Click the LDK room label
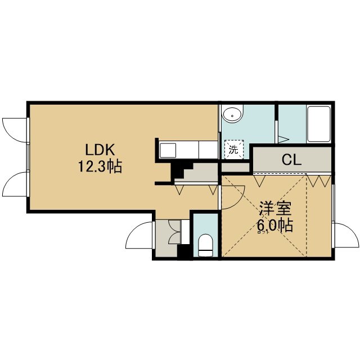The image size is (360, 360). tap(100, 150)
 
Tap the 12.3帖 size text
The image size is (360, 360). tap(100, 166)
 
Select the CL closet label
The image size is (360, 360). tap(291, 160)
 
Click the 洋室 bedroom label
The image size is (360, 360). tap(275, 209)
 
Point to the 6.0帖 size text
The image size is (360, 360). tap(275, 226)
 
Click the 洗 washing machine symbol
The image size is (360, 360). tap(234, 150)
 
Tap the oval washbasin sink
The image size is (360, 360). tap(232, 115)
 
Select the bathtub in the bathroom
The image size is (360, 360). tap(319, 124)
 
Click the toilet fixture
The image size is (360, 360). tap(205, 245)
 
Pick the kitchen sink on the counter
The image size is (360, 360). tap(168, 150)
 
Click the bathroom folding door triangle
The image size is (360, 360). tap(282, 139)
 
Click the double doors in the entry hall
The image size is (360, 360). tap(174, 232)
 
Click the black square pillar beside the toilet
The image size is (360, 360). tap(185, 252)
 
